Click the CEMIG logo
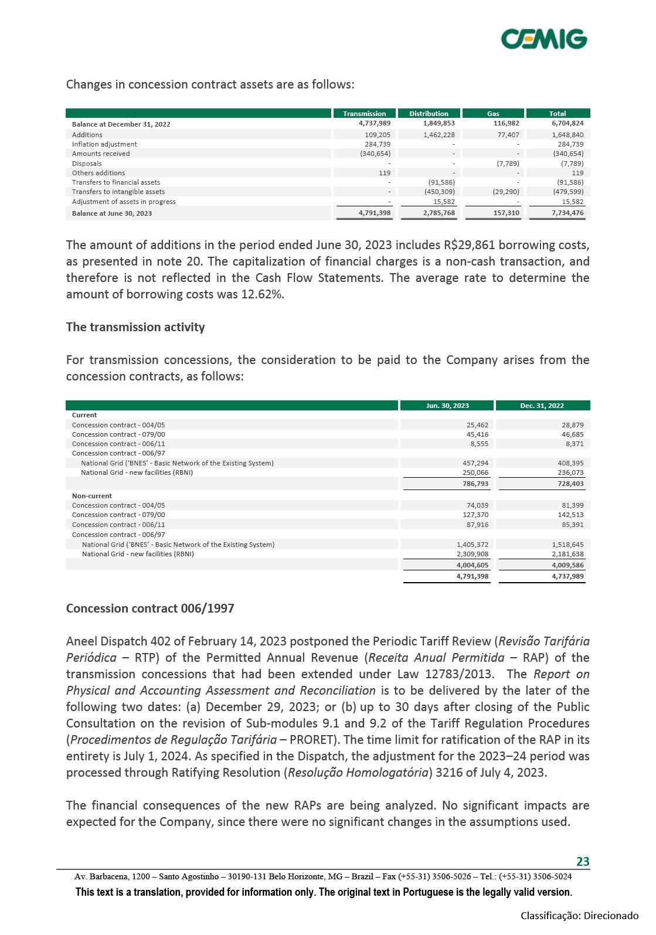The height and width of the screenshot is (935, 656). click(x=543, y=39)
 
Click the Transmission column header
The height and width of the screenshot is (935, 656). click(x=364, y=114)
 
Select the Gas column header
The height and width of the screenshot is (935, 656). click(x=493, y=114)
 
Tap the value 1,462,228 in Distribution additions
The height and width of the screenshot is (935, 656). click(x=439, y=135)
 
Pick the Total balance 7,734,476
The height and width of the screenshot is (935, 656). click(x=567, y=213)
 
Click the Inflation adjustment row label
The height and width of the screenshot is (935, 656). click(x=104, y=144)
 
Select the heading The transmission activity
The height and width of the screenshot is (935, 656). click(x=135, y=327)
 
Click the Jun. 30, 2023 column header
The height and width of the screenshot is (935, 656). click(x=447, y=406)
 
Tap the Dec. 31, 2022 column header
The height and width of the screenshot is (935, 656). click(x=542, y=406)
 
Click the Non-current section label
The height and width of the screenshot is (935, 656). click(x=92, y=496)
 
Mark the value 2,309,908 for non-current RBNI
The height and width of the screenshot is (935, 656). click(x=473, y=554)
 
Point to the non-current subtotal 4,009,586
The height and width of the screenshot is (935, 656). click(x=567, y=565)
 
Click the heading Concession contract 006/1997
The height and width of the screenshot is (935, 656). click(x=150, y=608)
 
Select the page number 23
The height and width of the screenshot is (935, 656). click(x=583, y=861)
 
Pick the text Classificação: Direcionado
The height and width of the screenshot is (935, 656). click(x=579, y=916)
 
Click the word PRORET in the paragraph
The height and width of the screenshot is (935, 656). click(x=315, y=740)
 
